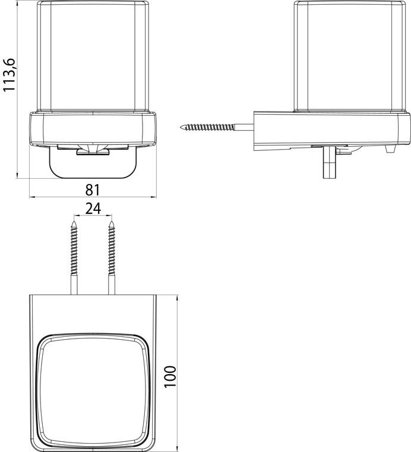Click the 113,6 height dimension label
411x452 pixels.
(x=10, y=75)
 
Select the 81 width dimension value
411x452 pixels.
(x=93, y=190)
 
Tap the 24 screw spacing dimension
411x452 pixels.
(x=93, y=208)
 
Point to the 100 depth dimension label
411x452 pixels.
(x=170, y=377)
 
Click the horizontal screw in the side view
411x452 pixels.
(x=217, y=127)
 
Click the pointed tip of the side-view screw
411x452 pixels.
(x=181, y=127)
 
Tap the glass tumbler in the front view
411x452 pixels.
(x=93, y=56)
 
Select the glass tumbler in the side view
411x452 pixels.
(x=350, y=56)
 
